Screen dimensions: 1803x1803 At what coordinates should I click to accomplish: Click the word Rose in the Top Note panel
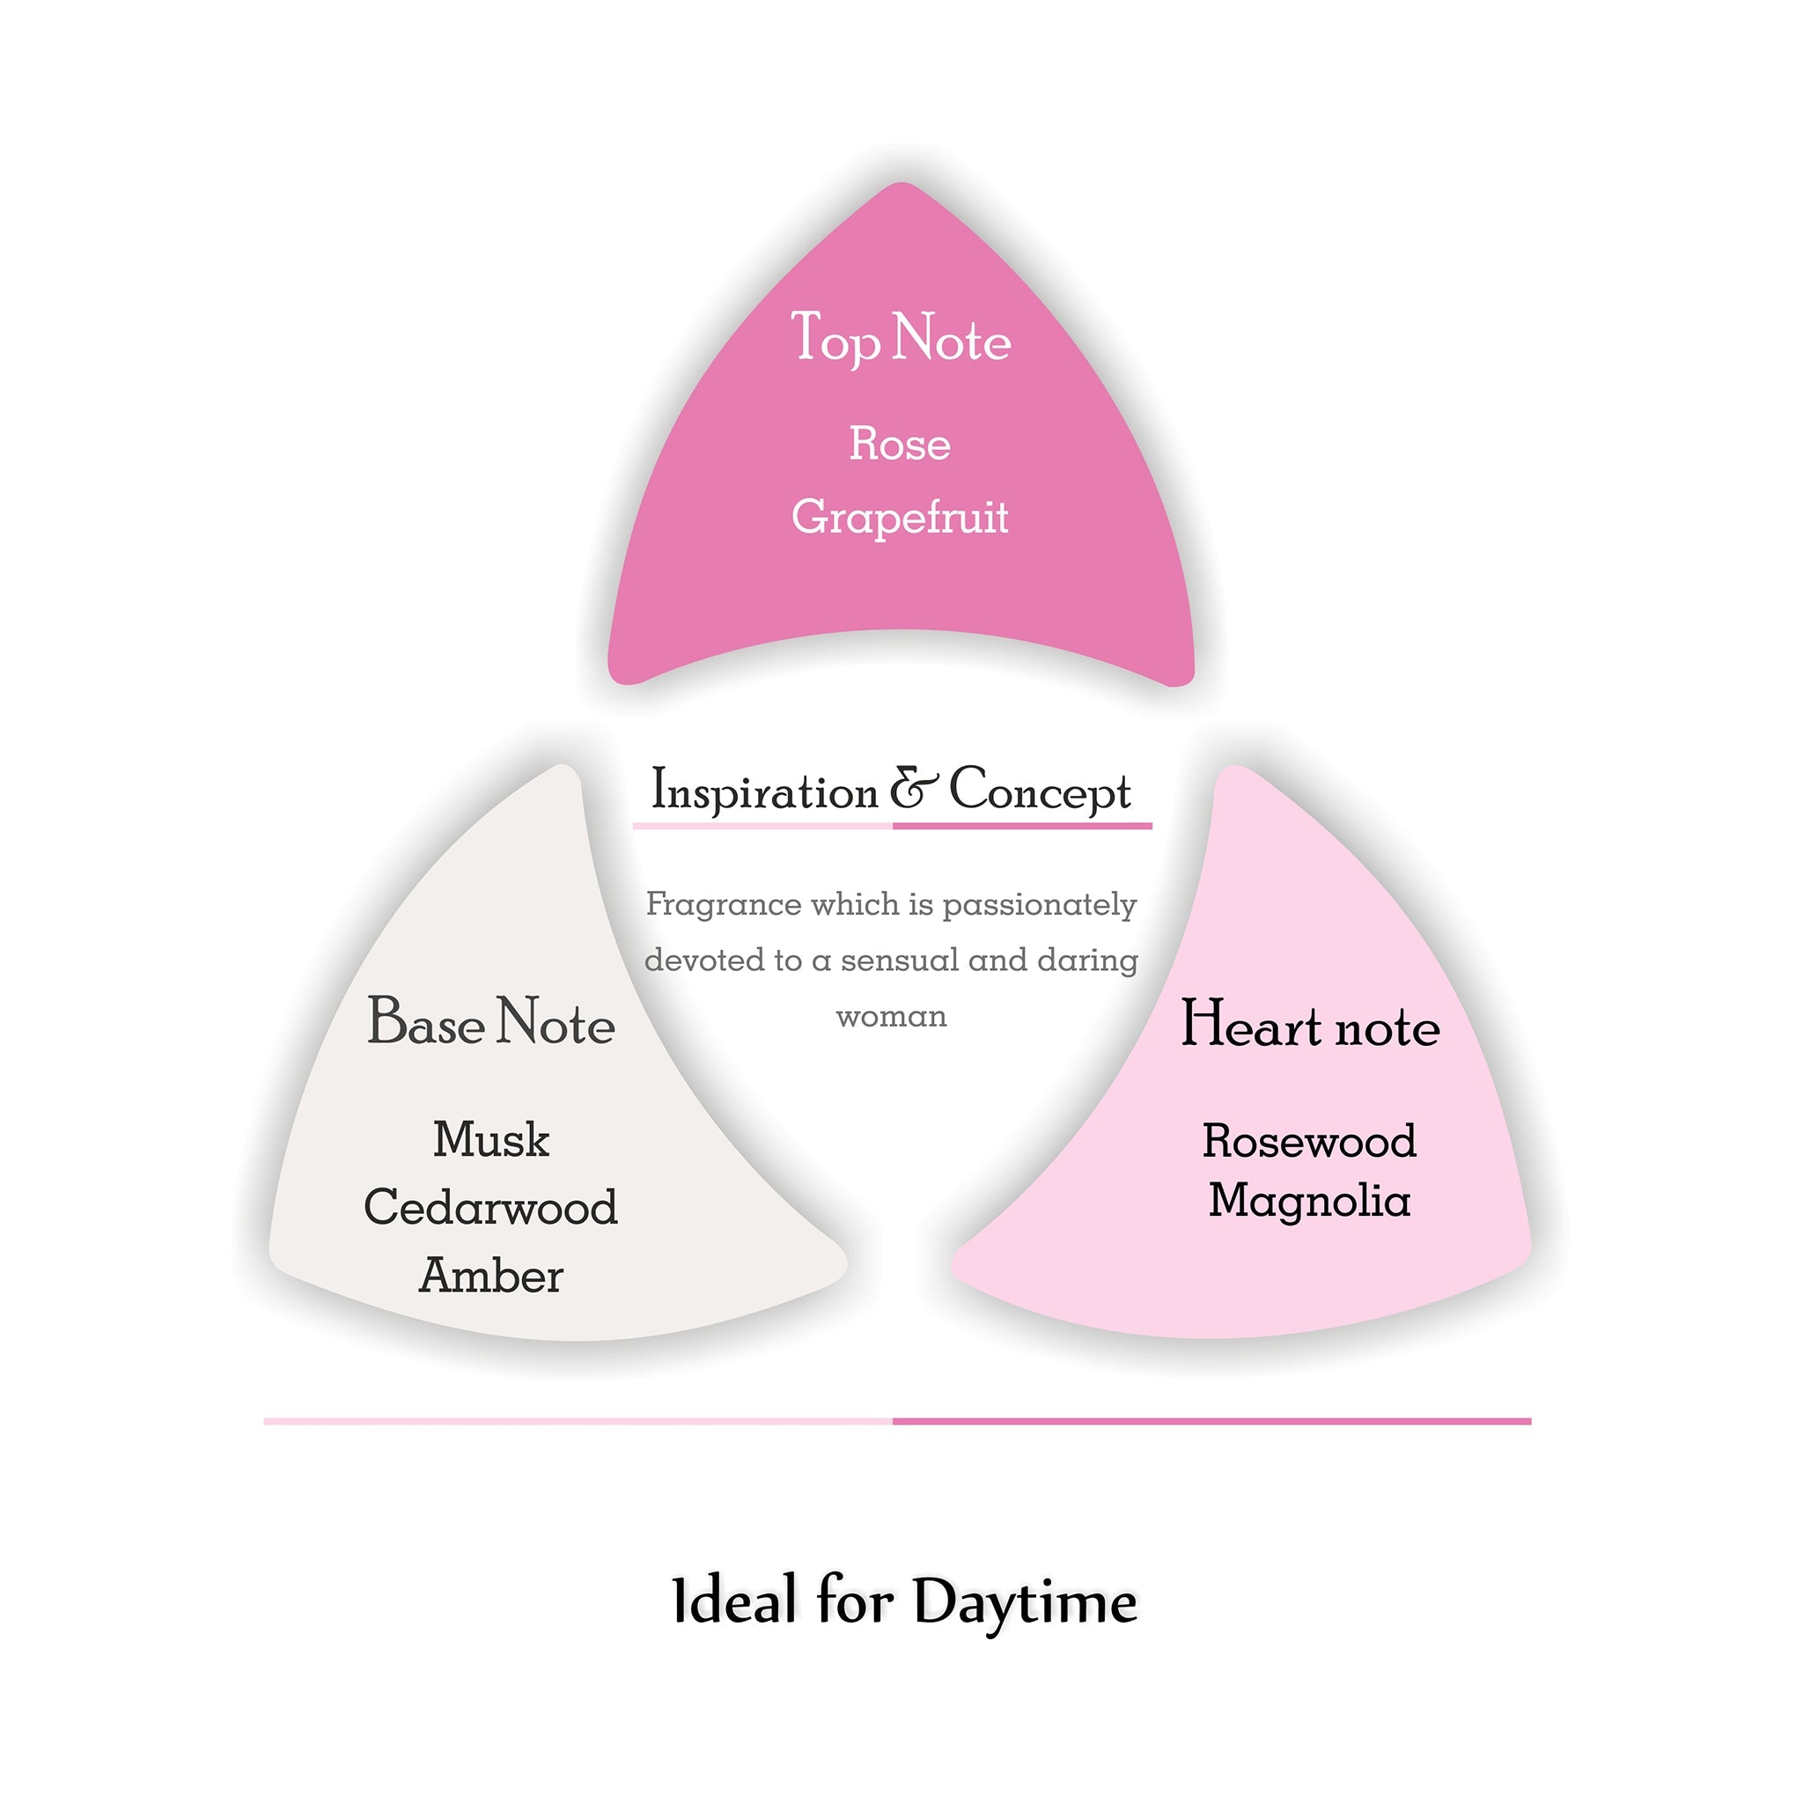click(900, 444)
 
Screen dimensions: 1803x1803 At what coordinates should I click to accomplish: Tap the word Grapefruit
click(900, 518)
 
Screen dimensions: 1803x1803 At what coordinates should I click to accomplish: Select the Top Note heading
click(901, 338)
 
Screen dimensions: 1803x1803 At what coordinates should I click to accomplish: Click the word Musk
click(491, 1139)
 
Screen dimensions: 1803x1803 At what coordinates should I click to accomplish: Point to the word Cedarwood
click(491, 1207)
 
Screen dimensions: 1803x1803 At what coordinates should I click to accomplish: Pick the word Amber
click(491, 1276)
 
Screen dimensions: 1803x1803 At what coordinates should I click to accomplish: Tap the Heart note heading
click(1310, 1024)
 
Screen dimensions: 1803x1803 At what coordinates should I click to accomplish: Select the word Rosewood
click(1309, 1140)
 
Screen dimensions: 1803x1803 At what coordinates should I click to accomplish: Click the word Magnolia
click(1309, 1200)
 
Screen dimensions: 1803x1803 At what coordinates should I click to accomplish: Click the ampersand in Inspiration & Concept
click(913, 789)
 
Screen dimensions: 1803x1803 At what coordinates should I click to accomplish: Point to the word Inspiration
click(764, 791)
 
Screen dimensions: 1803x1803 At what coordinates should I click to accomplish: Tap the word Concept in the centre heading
click(1040, 791)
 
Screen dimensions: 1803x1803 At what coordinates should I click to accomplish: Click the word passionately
click(1039, 905)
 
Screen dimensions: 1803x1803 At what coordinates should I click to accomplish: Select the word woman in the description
click(891, 1016)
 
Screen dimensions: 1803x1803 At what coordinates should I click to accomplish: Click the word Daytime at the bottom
click(1025, 1601)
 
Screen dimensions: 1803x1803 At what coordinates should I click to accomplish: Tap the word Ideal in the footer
click(735, 1600)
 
